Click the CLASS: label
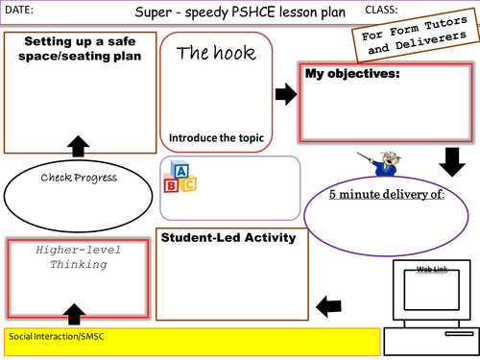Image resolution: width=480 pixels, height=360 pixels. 382,9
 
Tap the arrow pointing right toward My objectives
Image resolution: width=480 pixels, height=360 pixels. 284,93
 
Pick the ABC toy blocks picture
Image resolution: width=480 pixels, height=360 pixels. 180,176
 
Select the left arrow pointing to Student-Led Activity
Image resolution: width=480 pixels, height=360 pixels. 328,306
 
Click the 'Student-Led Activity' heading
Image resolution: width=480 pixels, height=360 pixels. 214,238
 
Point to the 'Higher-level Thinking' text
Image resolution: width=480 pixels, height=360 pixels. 77,257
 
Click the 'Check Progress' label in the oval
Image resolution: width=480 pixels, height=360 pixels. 79,177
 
